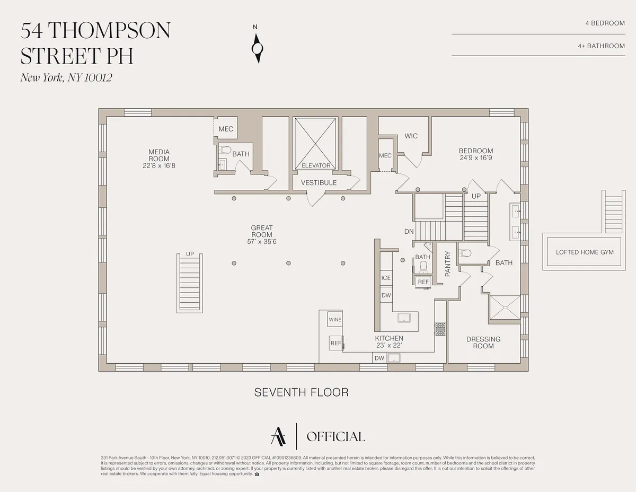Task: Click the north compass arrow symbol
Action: click(x=258, y=48)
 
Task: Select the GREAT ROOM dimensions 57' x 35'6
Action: click(x=262, y=242)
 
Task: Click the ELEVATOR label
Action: click(x=316, y=165)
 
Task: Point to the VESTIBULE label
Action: click(x=319, y=183)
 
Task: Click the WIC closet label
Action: click(x=411, y=136)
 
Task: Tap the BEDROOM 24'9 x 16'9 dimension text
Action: click(x=476, y=158)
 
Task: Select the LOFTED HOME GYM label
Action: click(x=585, y=252)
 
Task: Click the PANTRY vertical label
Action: click(x=448, y=263)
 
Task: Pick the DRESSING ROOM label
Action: click(x=483, y=342)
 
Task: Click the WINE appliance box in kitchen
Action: click(x=335, y=320)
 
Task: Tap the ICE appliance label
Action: click(x=386, y=278)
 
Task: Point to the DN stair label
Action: click(x=409, y=231)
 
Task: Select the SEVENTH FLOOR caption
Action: click(x=301, y=392)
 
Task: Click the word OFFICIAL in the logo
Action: click(x=335, y=437)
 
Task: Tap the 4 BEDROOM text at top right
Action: click(x=605, y=23)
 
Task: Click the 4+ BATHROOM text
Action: click(x=601, y=46)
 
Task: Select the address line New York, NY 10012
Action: click(x=66, y=77)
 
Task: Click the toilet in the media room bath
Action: click(x=225, y=150)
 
